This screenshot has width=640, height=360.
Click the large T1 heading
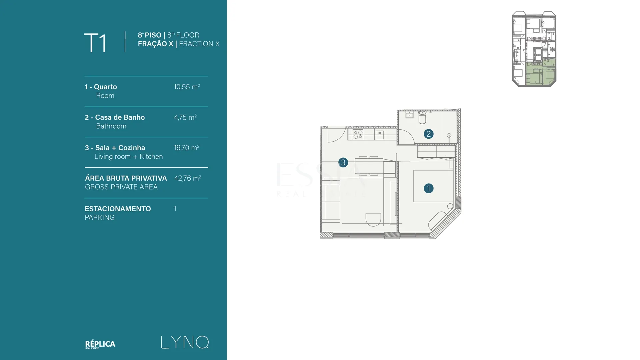[95, 43]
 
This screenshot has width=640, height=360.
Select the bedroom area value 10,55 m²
[187, 87]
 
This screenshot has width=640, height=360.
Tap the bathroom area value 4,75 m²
[185, 117]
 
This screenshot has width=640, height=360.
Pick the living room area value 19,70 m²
[187, 148]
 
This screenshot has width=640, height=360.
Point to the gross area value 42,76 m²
[187, 178]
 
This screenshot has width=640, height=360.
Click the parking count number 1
[175, 209]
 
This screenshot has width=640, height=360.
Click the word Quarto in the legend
[105, 87]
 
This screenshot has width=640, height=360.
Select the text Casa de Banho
[120, 117]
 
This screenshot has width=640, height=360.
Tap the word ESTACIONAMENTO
[118, 209]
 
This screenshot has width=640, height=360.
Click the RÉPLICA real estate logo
[100, 344]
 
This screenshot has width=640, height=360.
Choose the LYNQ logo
[185, 342]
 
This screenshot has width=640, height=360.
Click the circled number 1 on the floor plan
[429, 188]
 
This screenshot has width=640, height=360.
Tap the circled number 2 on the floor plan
[429, 134]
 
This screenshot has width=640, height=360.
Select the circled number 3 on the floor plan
[343, 163]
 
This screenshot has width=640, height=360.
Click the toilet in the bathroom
[422, 117]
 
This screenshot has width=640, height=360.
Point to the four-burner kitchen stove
[358, 135]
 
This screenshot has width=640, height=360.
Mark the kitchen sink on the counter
[380, 135]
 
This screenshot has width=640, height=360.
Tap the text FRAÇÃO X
[156, 44]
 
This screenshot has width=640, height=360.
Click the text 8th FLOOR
[183, 35]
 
